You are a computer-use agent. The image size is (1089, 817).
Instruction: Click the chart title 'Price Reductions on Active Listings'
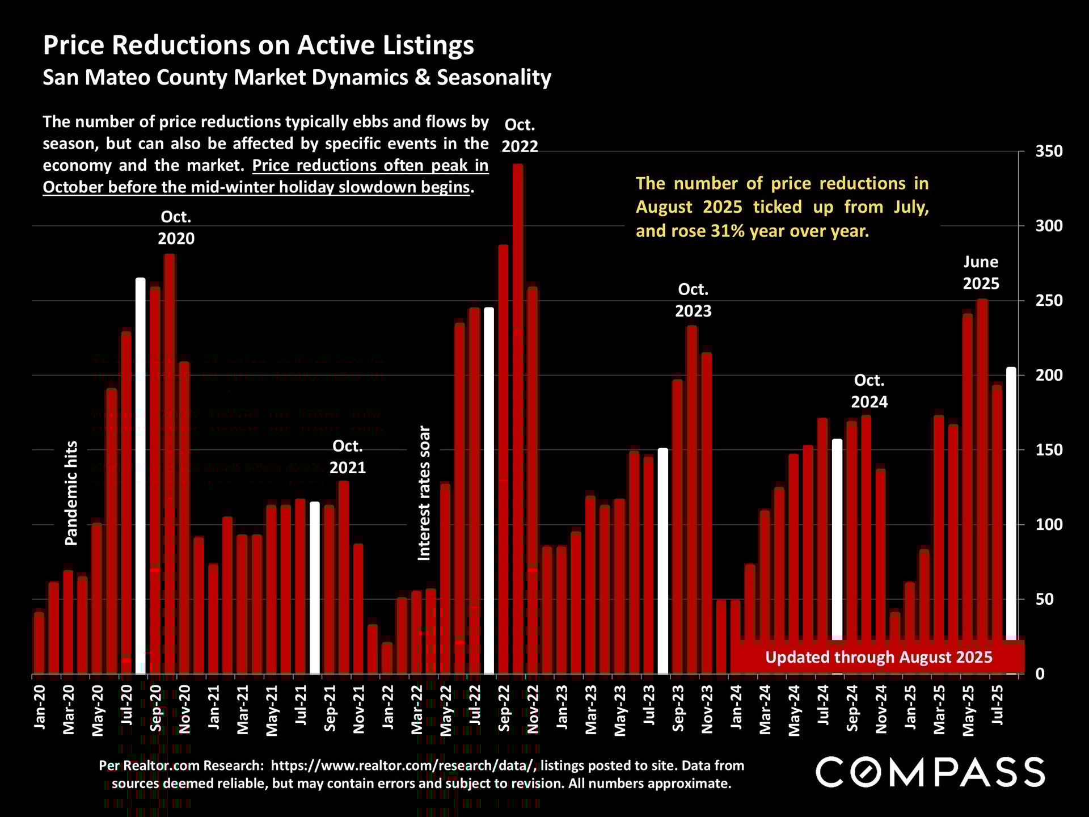click(x=259, y=45)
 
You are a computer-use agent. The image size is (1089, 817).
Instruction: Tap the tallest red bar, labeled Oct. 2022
click(x=518, y=420)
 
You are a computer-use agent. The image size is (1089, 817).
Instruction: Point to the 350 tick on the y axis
click(x=1049, y=151)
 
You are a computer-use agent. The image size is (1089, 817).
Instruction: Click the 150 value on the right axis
click(x=1049, y=450)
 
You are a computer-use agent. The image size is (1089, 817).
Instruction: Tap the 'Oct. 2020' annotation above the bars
click(x=176, y=228)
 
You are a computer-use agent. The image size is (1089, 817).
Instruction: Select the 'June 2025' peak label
click(x=981, y=273)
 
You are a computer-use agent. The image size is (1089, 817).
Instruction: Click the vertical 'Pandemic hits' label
click(x=71, y=493)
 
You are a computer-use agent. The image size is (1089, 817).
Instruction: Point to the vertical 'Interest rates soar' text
click(x=424, y=493)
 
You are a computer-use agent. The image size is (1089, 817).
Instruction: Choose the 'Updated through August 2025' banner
click(x=879, y=658)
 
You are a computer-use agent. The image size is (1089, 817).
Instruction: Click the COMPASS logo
click(x=930, y=772)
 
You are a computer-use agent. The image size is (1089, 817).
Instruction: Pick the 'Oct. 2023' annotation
click(x=693, y=300)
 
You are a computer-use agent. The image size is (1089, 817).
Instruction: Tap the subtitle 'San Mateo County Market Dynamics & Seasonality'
click(x=297, y=78)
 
